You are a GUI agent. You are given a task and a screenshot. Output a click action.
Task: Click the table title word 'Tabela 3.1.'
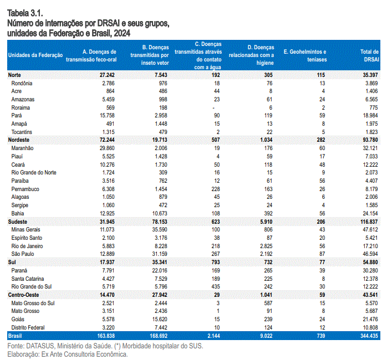click(x=25, y=13)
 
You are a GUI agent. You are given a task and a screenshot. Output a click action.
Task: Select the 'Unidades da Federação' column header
click(x=35, y=55)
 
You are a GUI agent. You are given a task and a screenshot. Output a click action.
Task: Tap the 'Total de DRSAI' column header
click(x=369, y=55)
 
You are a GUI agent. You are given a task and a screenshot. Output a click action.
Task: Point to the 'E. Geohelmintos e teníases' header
click(x=305, y=55)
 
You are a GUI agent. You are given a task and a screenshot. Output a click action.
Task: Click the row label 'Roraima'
click(x=21, y=107)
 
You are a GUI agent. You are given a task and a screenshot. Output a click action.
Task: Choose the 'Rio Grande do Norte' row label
click(x=34, y=172)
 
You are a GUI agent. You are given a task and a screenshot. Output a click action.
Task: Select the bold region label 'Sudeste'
click(x=18, y=222)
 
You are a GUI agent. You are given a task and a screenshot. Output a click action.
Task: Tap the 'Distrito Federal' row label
click(x=28, y=327)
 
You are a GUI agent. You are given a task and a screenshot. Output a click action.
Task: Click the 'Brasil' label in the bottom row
click(x=15, y=336)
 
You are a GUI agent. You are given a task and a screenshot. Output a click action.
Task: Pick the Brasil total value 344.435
click(x=369, y=336)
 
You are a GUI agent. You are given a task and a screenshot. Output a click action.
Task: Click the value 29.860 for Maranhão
click(x=107, y=148)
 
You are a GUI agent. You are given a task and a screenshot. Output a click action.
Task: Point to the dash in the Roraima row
click(x=213, y=108)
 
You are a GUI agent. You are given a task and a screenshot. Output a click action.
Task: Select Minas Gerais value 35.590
click(x=160, y=229)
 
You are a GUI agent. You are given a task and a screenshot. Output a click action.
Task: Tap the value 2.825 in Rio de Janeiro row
click(x=266, y=246)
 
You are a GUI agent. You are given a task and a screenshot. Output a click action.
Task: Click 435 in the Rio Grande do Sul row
click(x=216, y=286)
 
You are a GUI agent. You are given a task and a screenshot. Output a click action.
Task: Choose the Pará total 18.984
click(x=370, y=115)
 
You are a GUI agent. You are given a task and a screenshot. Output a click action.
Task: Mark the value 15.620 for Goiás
click(x=160, y=319)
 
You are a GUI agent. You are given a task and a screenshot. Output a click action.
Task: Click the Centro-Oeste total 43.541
click(x=370, y=295)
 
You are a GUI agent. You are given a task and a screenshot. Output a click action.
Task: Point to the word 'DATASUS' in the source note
click(x=40, y=346)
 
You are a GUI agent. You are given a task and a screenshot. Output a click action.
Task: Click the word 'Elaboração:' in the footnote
click(x=23, y=354)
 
